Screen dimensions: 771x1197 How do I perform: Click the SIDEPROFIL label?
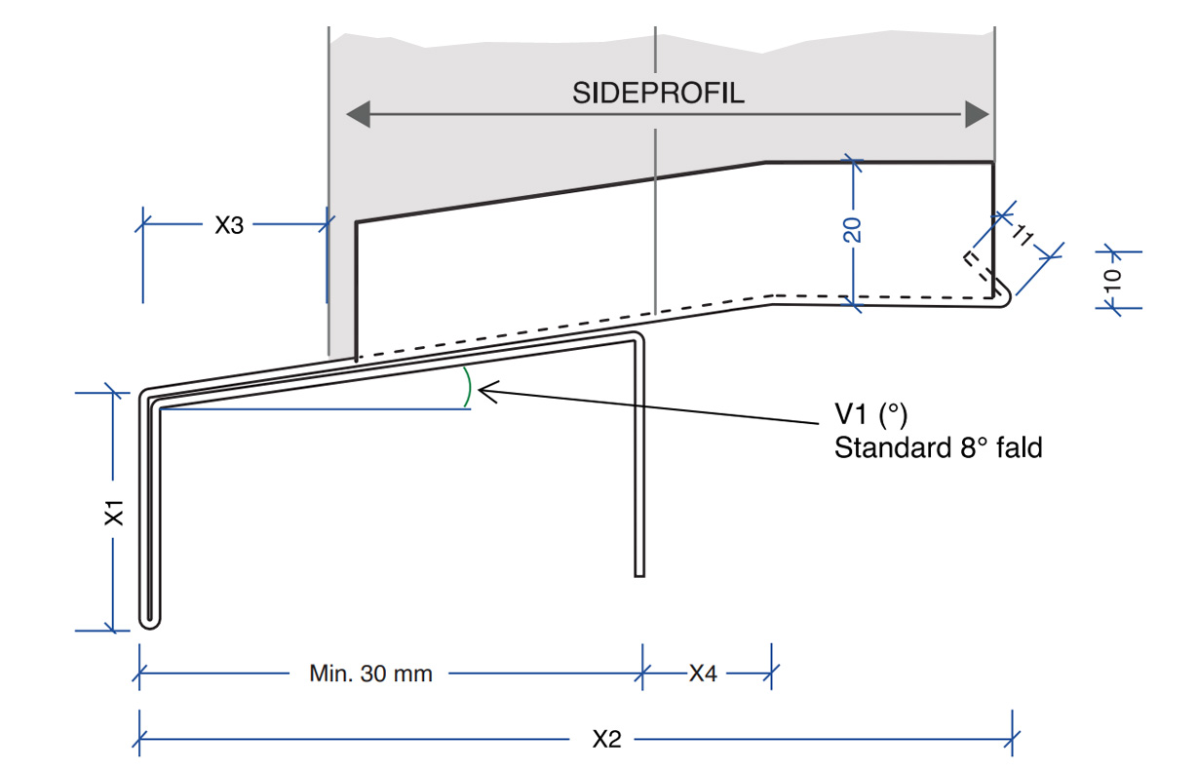pyautogui.click(x=658, y=94)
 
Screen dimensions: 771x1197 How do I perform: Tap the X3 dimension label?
pyautogui.click(x=229, y=225)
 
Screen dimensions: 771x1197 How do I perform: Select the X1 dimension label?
pyautogui.click(x=115, y=512)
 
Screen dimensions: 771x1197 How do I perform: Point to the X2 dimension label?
pyautogui.click(x=606, y=739)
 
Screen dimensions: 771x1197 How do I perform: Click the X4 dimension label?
pyautogui.click(x=703, y=673)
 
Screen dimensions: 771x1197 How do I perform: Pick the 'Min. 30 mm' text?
pyautogui.click(x=370, y=673)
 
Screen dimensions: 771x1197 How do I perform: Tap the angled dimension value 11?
pyautogui.click(x=1023, y=235)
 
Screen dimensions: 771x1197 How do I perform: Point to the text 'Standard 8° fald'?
pyautogui.click(x=938, y=448)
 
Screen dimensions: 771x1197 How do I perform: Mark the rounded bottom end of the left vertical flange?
pyautogui.click(x=149, y=621)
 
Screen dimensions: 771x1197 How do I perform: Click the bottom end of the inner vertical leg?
pyautogui.click(x=639, y=573)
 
